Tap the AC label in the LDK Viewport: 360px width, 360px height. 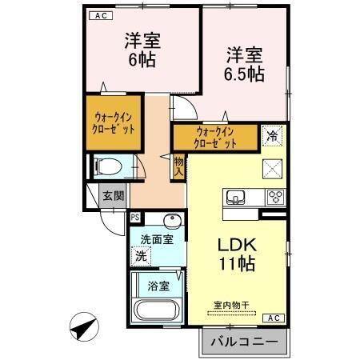click(x=273, y=318)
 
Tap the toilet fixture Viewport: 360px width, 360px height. click(x=108, y=167)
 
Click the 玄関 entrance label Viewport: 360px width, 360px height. click(x=113, y=195)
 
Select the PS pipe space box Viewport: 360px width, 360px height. click(x=135, y=217)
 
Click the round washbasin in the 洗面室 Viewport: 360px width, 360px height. click(x=170, y=221)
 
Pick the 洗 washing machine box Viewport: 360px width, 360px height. click(x=141, y=257)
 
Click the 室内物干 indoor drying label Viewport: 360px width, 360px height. click(x=230, y=304)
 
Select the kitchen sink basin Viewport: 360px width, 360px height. click(x=238, y=197)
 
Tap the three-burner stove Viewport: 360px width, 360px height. click(x=276, y=197)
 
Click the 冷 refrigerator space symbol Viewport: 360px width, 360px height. click(x=273, y=137)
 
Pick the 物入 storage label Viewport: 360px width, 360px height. click(x=179, y=166)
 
